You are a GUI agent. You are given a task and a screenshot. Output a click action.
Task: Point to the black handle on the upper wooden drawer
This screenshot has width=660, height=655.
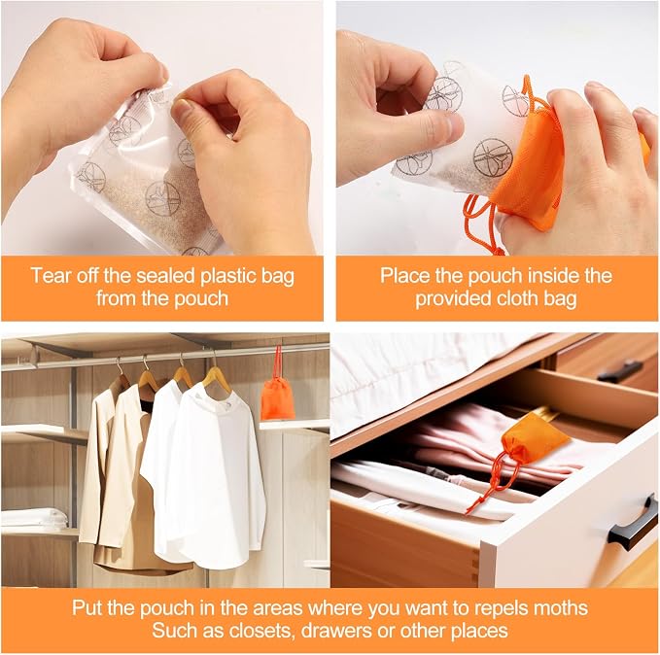tap(620, 371)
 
